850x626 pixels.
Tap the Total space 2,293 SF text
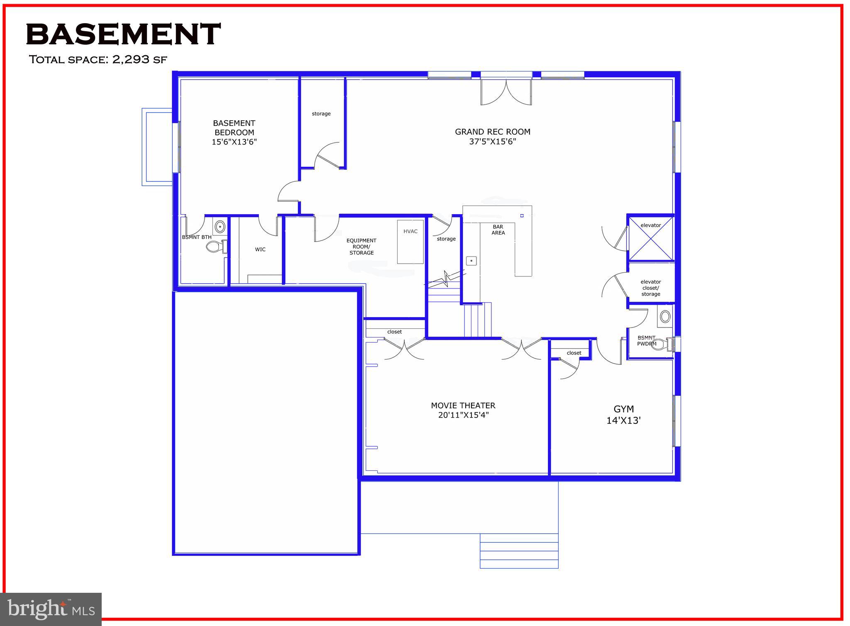(x=98, y=59)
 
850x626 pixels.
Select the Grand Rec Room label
(x=493, y=137)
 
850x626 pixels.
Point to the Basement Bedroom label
(x=234, y=132)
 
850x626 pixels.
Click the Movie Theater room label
(x=463, y=410)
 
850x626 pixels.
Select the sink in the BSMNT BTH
(x=220, y=227)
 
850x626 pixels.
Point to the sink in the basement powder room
(x=665, y=317)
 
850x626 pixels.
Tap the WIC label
(x=260, y=249)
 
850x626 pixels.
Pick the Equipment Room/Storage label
(x=361, y=247)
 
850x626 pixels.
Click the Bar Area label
(x=498, y=230)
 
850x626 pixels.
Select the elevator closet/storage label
(x=650, y=288)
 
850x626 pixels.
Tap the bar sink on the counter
(x=471, y=261)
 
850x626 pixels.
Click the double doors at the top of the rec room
(x=506, y=92)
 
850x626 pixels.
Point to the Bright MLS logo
(x=51, y=609)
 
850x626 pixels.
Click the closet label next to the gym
(x=574, y=353)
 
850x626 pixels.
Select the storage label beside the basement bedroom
(x=321, y=114)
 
